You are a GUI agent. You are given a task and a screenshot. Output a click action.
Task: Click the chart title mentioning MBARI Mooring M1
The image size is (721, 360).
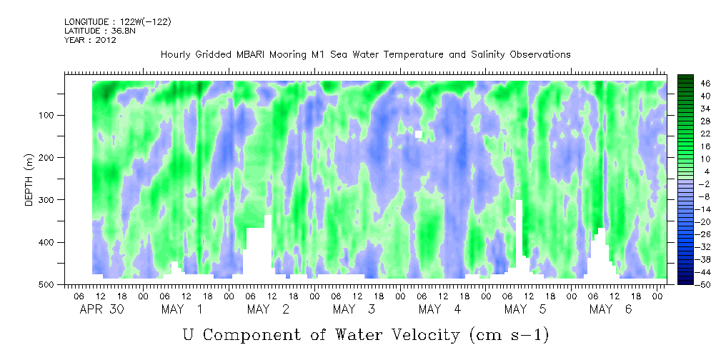pyautogui.click(x=365, y=55)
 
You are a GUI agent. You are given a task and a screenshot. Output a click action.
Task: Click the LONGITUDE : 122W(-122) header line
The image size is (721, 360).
pyautogui.click(x=118, y=22)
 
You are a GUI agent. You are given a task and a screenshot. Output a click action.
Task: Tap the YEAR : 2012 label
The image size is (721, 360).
pyautogui.click(x=90, y=40)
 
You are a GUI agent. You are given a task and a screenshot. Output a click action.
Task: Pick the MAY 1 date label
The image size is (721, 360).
pyautogui.click(x=183, y=309)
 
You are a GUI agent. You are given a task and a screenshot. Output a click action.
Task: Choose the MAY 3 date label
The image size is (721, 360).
pyautogui.click(x=354, y=309)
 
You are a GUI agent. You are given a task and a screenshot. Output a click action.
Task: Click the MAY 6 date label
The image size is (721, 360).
pyautogui.click(x=611, y=309)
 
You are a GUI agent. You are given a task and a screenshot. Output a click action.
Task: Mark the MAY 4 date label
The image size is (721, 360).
pyautogui.click(x=440, y=309)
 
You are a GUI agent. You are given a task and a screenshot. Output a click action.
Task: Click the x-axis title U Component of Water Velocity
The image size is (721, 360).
pyautogui.click(x=365, y=334)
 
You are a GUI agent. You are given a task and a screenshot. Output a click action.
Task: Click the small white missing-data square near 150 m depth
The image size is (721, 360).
pyautogui.click(x=419, y=134)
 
